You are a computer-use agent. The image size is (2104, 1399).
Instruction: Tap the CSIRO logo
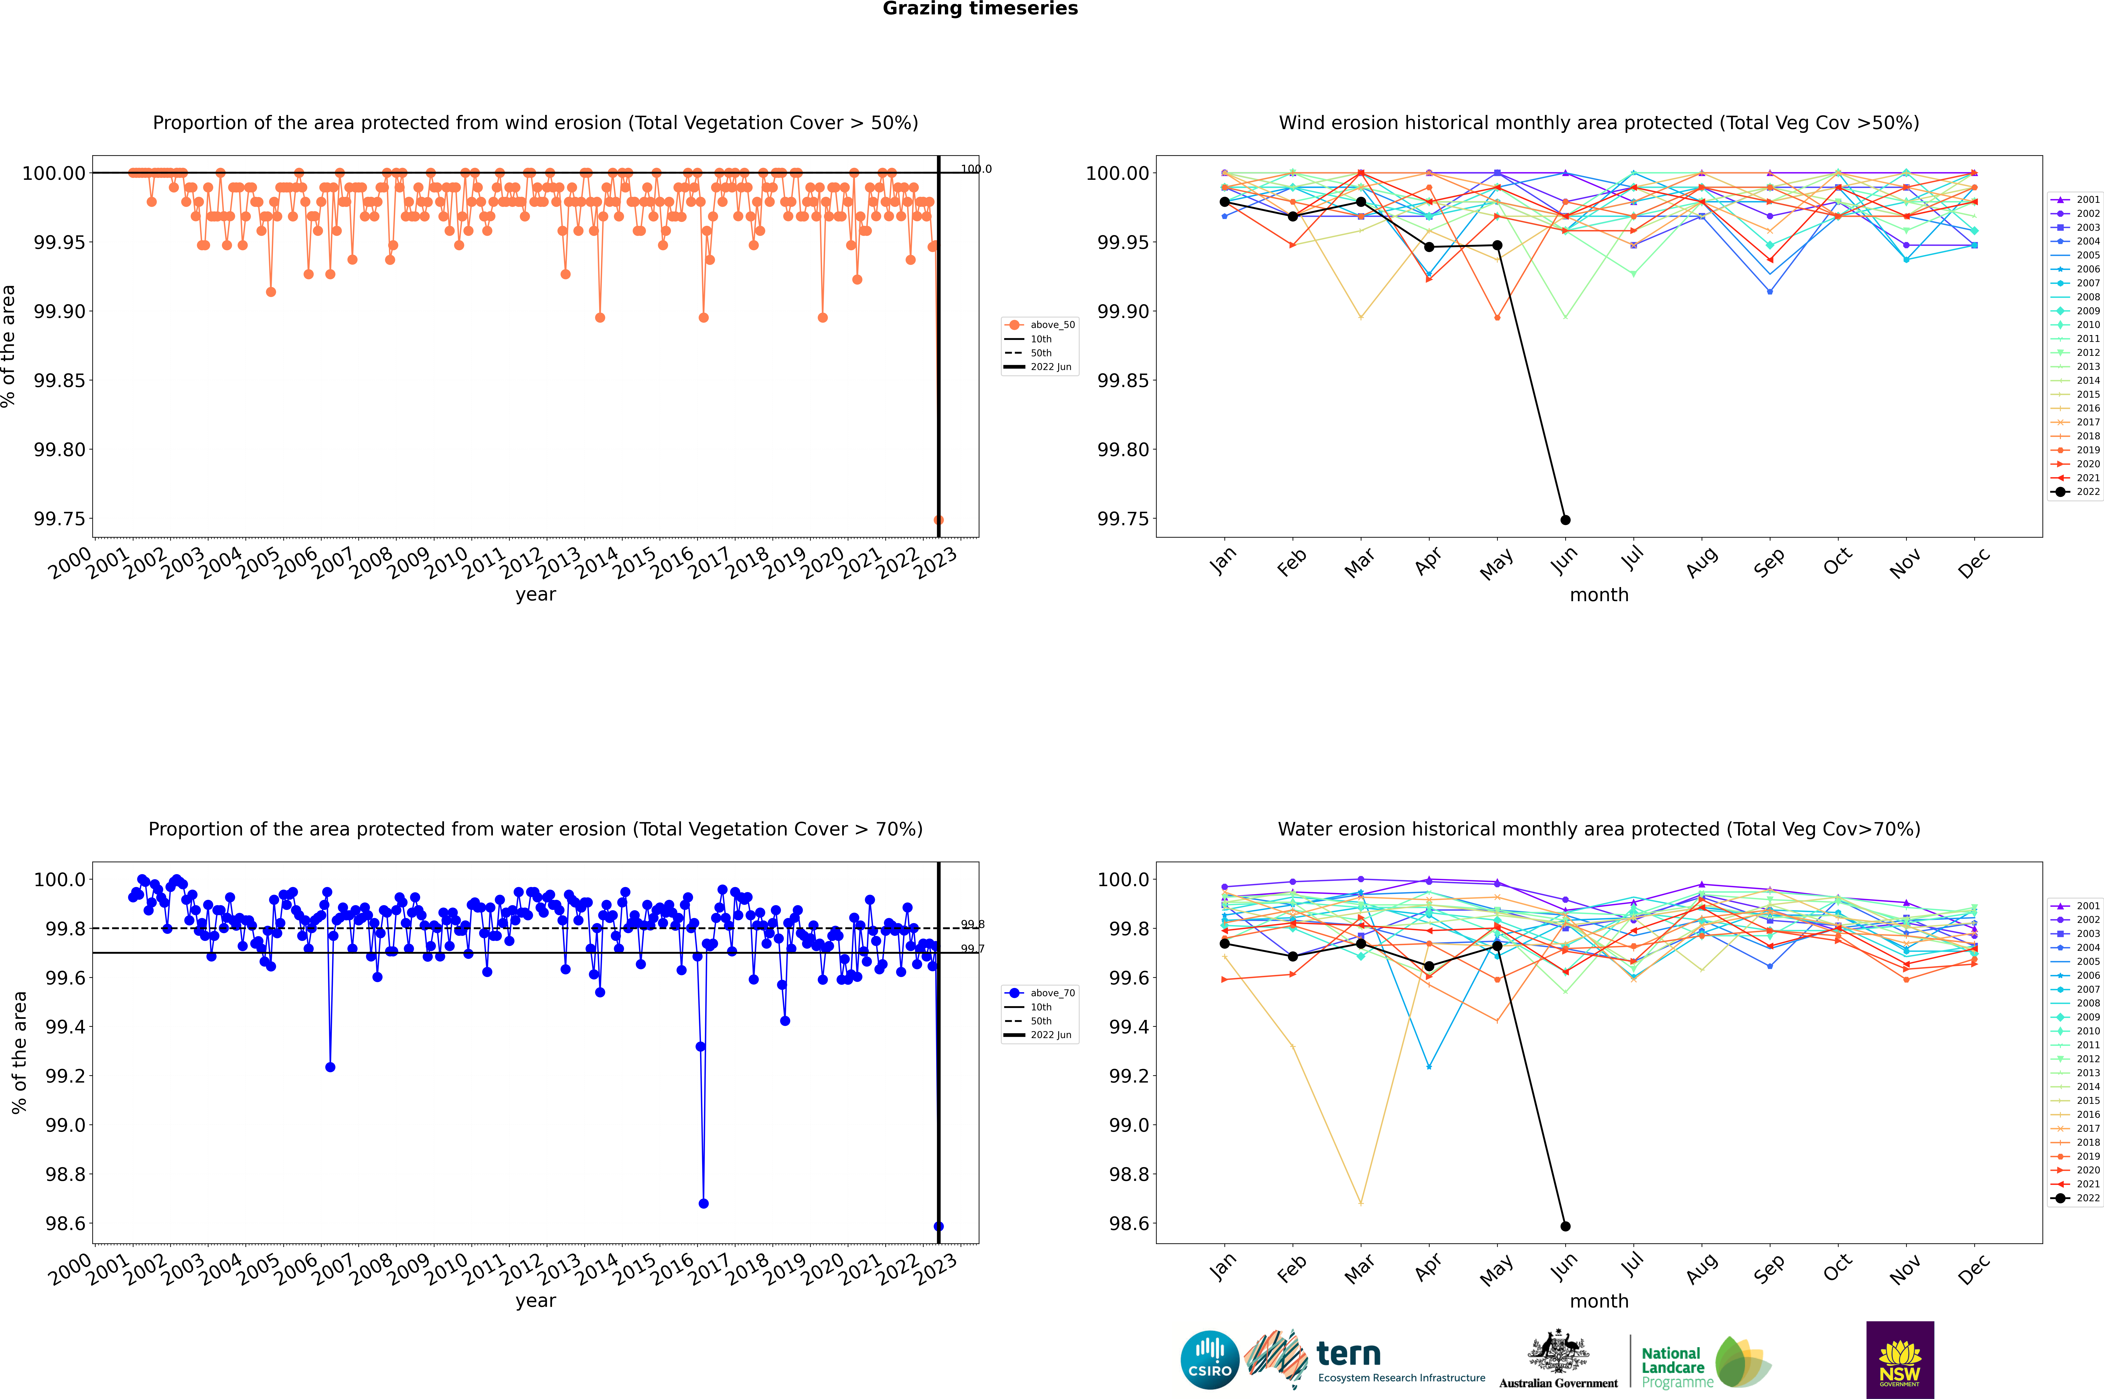coord(1209,1360)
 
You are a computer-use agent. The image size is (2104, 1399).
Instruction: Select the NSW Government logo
coord(1900,1360)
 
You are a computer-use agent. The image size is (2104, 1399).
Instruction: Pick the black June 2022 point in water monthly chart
coord(1565,1226)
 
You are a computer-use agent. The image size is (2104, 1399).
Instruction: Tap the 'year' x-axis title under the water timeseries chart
coord(535,1301)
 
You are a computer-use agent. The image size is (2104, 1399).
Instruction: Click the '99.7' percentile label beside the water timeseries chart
coord(972,949)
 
